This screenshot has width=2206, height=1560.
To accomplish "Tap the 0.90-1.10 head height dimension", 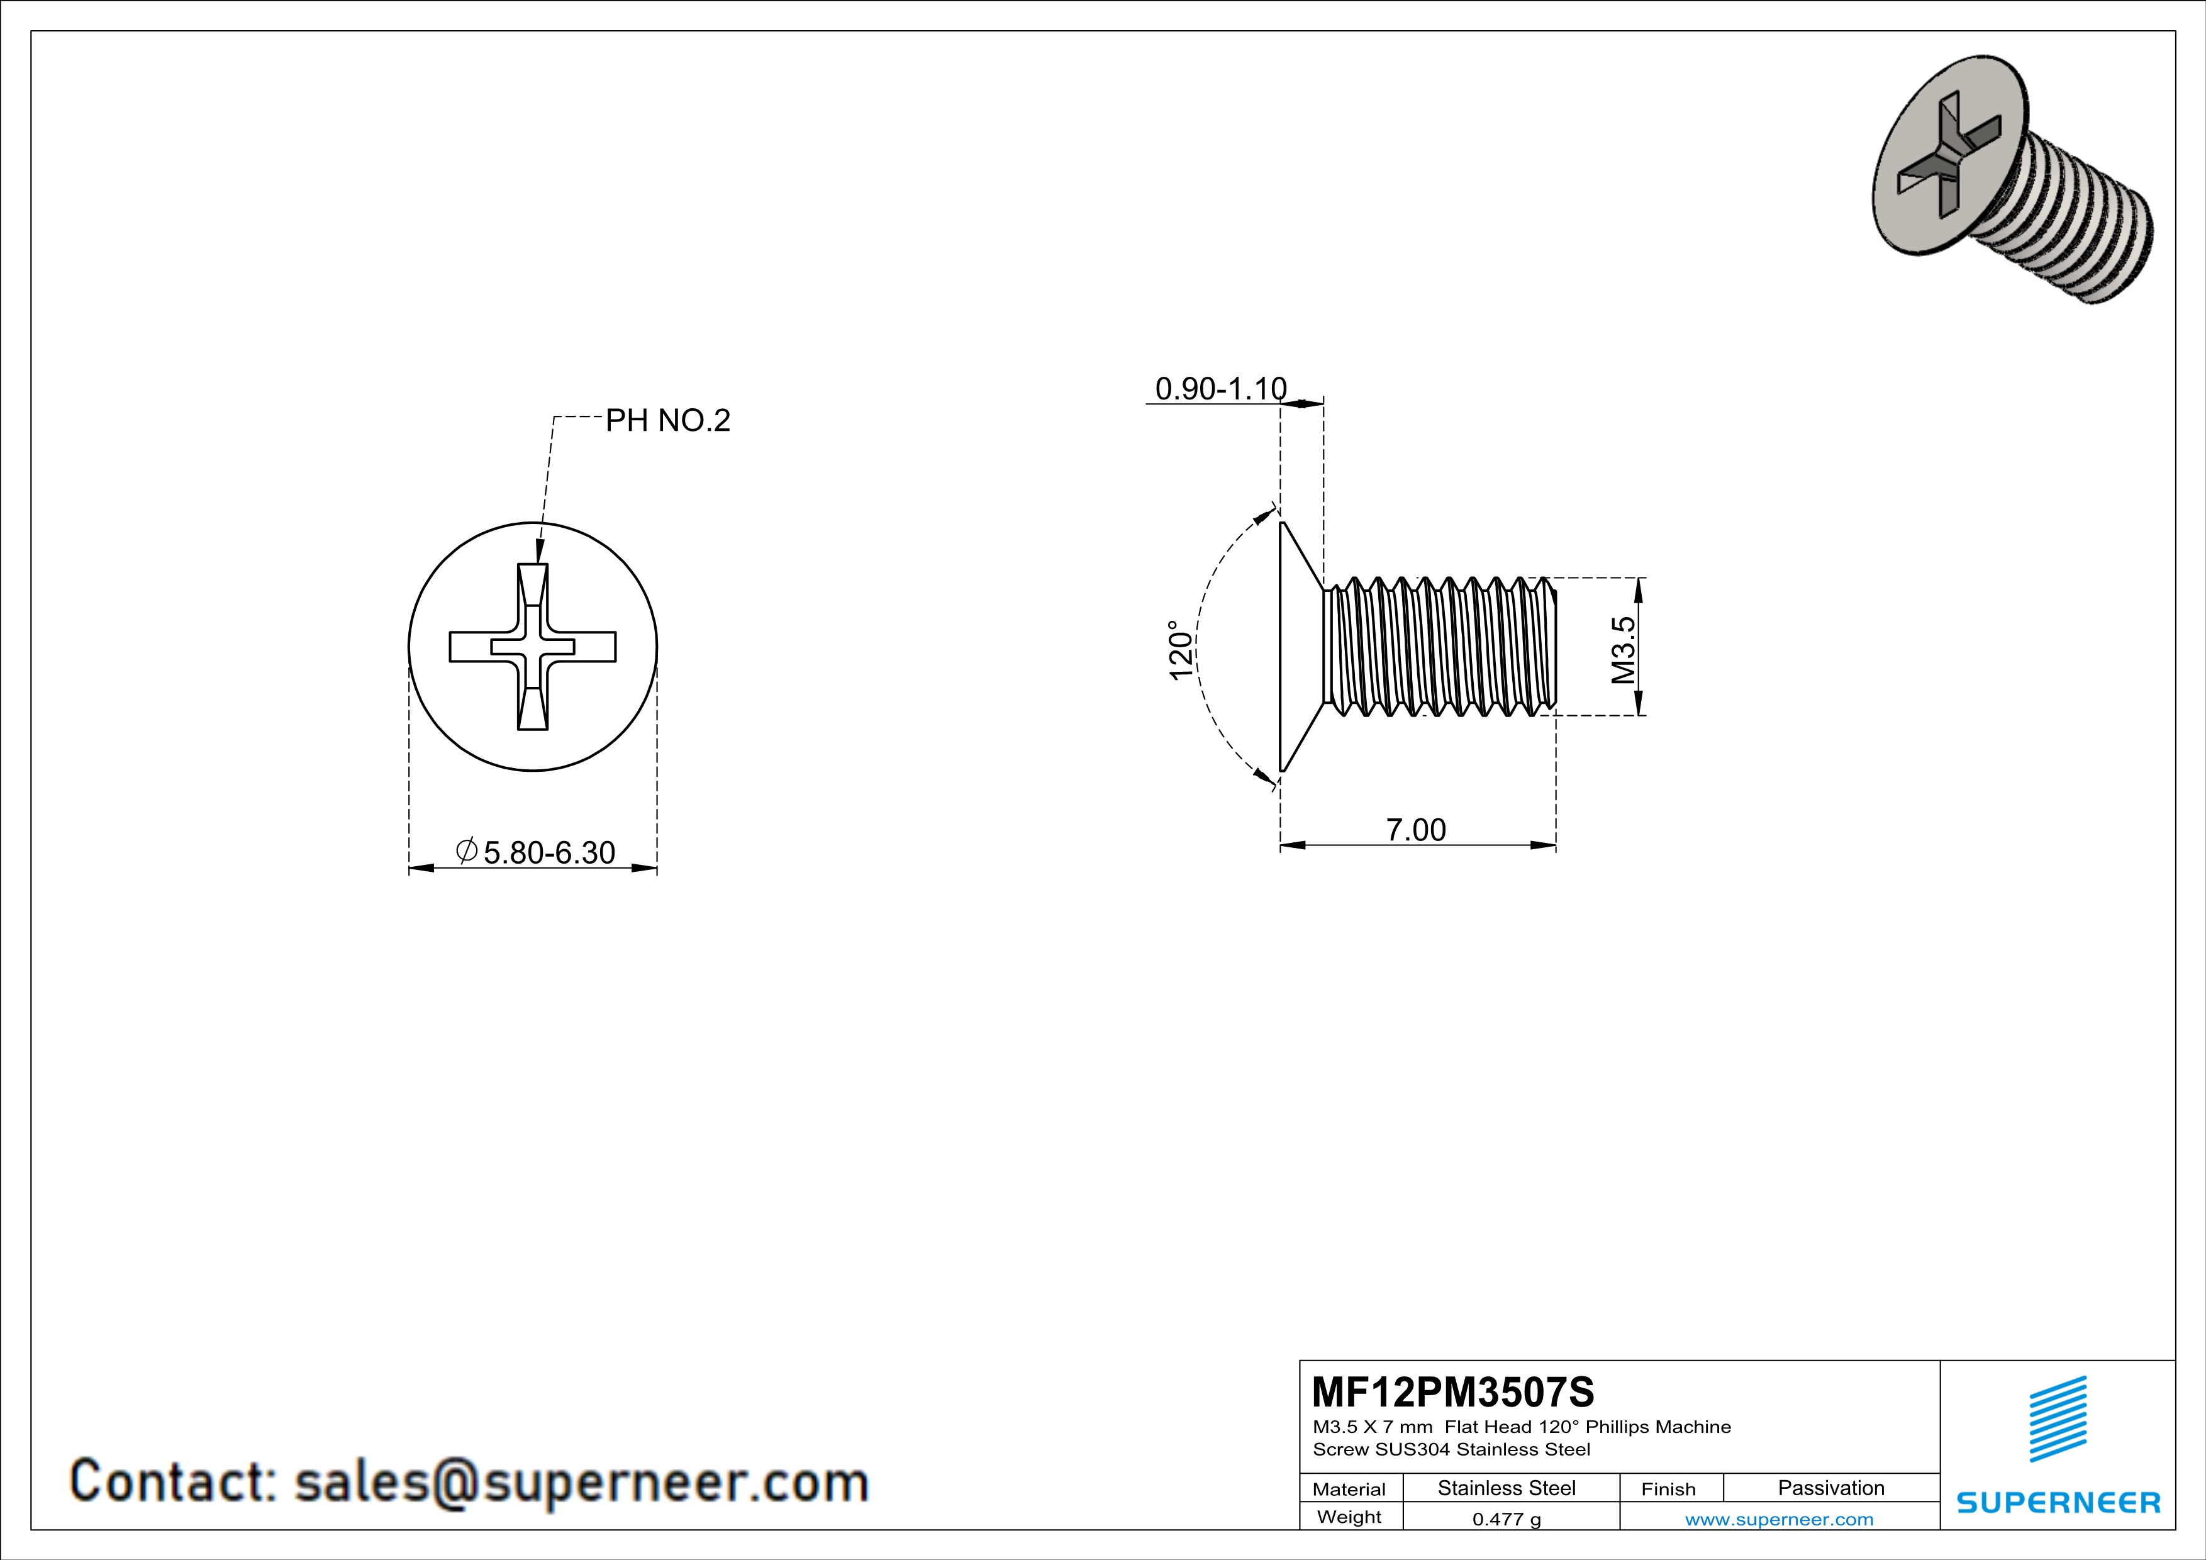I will (1220, 389).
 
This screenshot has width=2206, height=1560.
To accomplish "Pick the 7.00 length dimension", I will (1415, 829).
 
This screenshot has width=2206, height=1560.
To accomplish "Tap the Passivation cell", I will (1830, 1488).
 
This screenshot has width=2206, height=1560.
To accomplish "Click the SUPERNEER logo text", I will (2058, 1503).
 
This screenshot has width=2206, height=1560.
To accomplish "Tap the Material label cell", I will (1349, 1489).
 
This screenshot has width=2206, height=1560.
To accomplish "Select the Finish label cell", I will (1668, 1489).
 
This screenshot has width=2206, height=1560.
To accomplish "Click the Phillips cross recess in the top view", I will (532, 647).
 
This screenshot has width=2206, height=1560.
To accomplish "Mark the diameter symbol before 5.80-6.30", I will (467, 850).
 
